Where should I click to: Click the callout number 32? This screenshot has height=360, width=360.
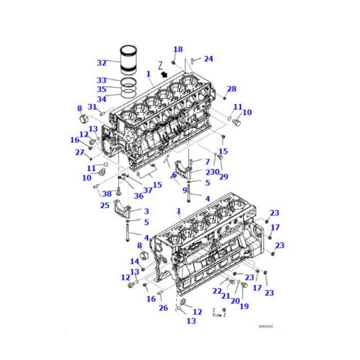click(101, 62)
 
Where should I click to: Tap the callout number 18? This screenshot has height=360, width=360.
click(178, 49)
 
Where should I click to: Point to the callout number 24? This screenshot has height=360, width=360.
click(208, 59)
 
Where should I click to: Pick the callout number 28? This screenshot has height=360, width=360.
click(232, 88)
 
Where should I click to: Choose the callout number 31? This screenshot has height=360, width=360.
click(92, 107)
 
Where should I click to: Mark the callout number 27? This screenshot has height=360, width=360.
click(79, 152)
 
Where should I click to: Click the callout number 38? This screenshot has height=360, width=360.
click(107, 194)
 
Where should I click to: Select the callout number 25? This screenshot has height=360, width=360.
click(104, 206)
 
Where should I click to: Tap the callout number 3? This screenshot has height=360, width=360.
click(146, 211)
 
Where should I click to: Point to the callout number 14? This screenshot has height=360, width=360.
click(134, 261)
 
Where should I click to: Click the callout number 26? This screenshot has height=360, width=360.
click(163, 308)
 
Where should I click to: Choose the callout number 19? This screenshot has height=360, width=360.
click(244, 306)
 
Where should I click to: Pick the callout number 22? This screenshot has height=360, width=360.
click(217, 291)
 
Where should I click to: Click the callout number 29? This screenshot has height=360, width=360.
click(223, 177)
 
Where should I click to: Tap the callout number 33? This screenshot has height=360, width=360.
click(101, 80)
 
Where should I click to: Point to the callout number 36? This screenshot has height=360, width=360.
click(138, 196)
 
